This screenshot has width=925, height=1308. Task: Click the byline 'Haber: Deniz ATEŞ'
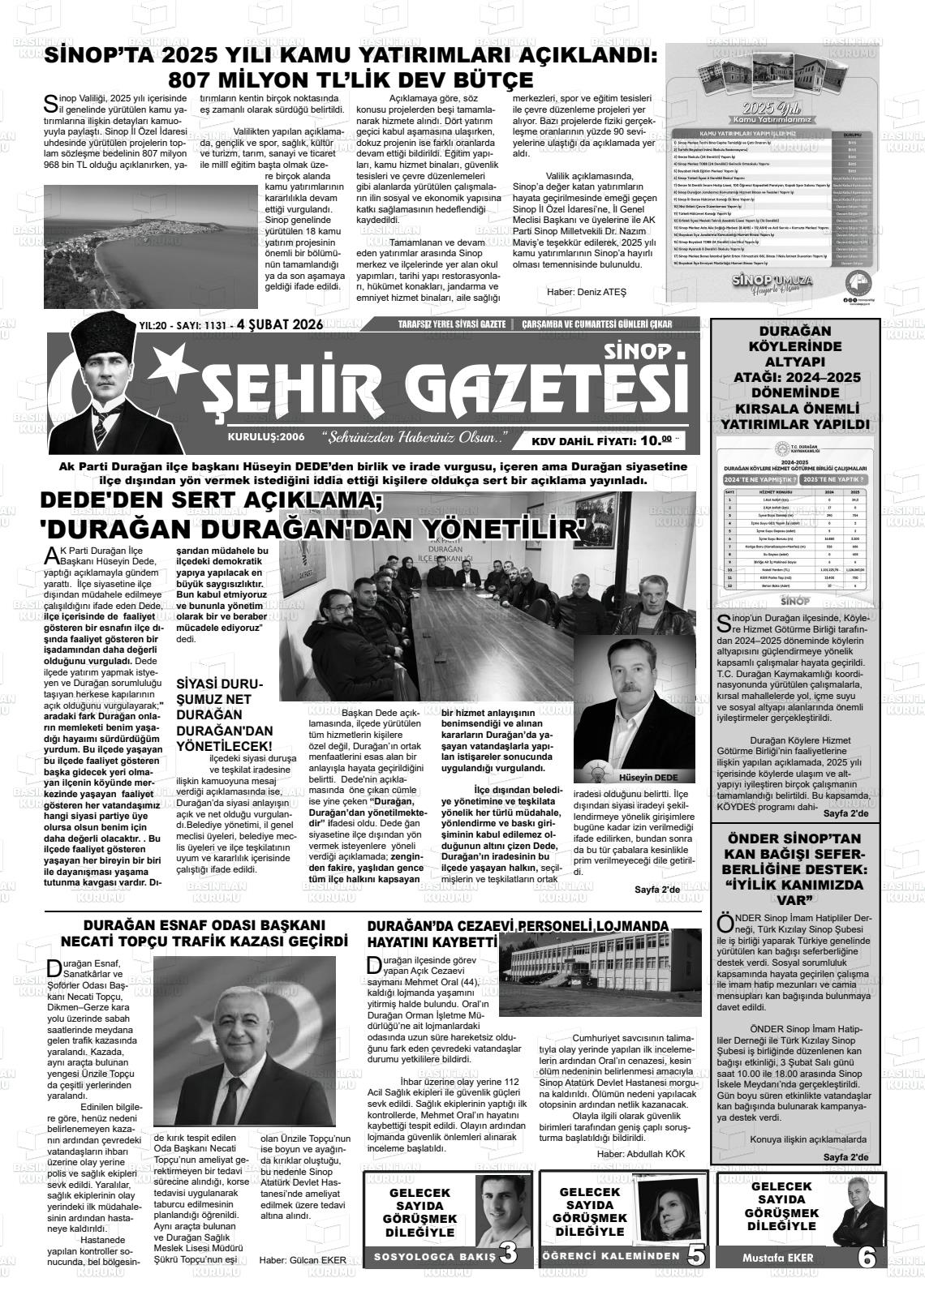[x=587, y=292]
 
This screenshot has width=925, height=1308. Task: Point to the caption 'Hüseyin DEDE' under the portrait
[x=647, y=777]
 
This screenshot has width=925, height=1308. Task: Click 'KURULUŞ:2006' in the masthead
[x=266, y=436]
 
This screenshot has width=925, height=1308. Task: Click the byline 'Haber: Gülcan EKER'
[x=302, y=1260]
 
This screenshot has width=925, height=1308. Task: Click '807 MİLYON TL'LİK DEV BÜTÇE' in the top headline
[x=350, y=79]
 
